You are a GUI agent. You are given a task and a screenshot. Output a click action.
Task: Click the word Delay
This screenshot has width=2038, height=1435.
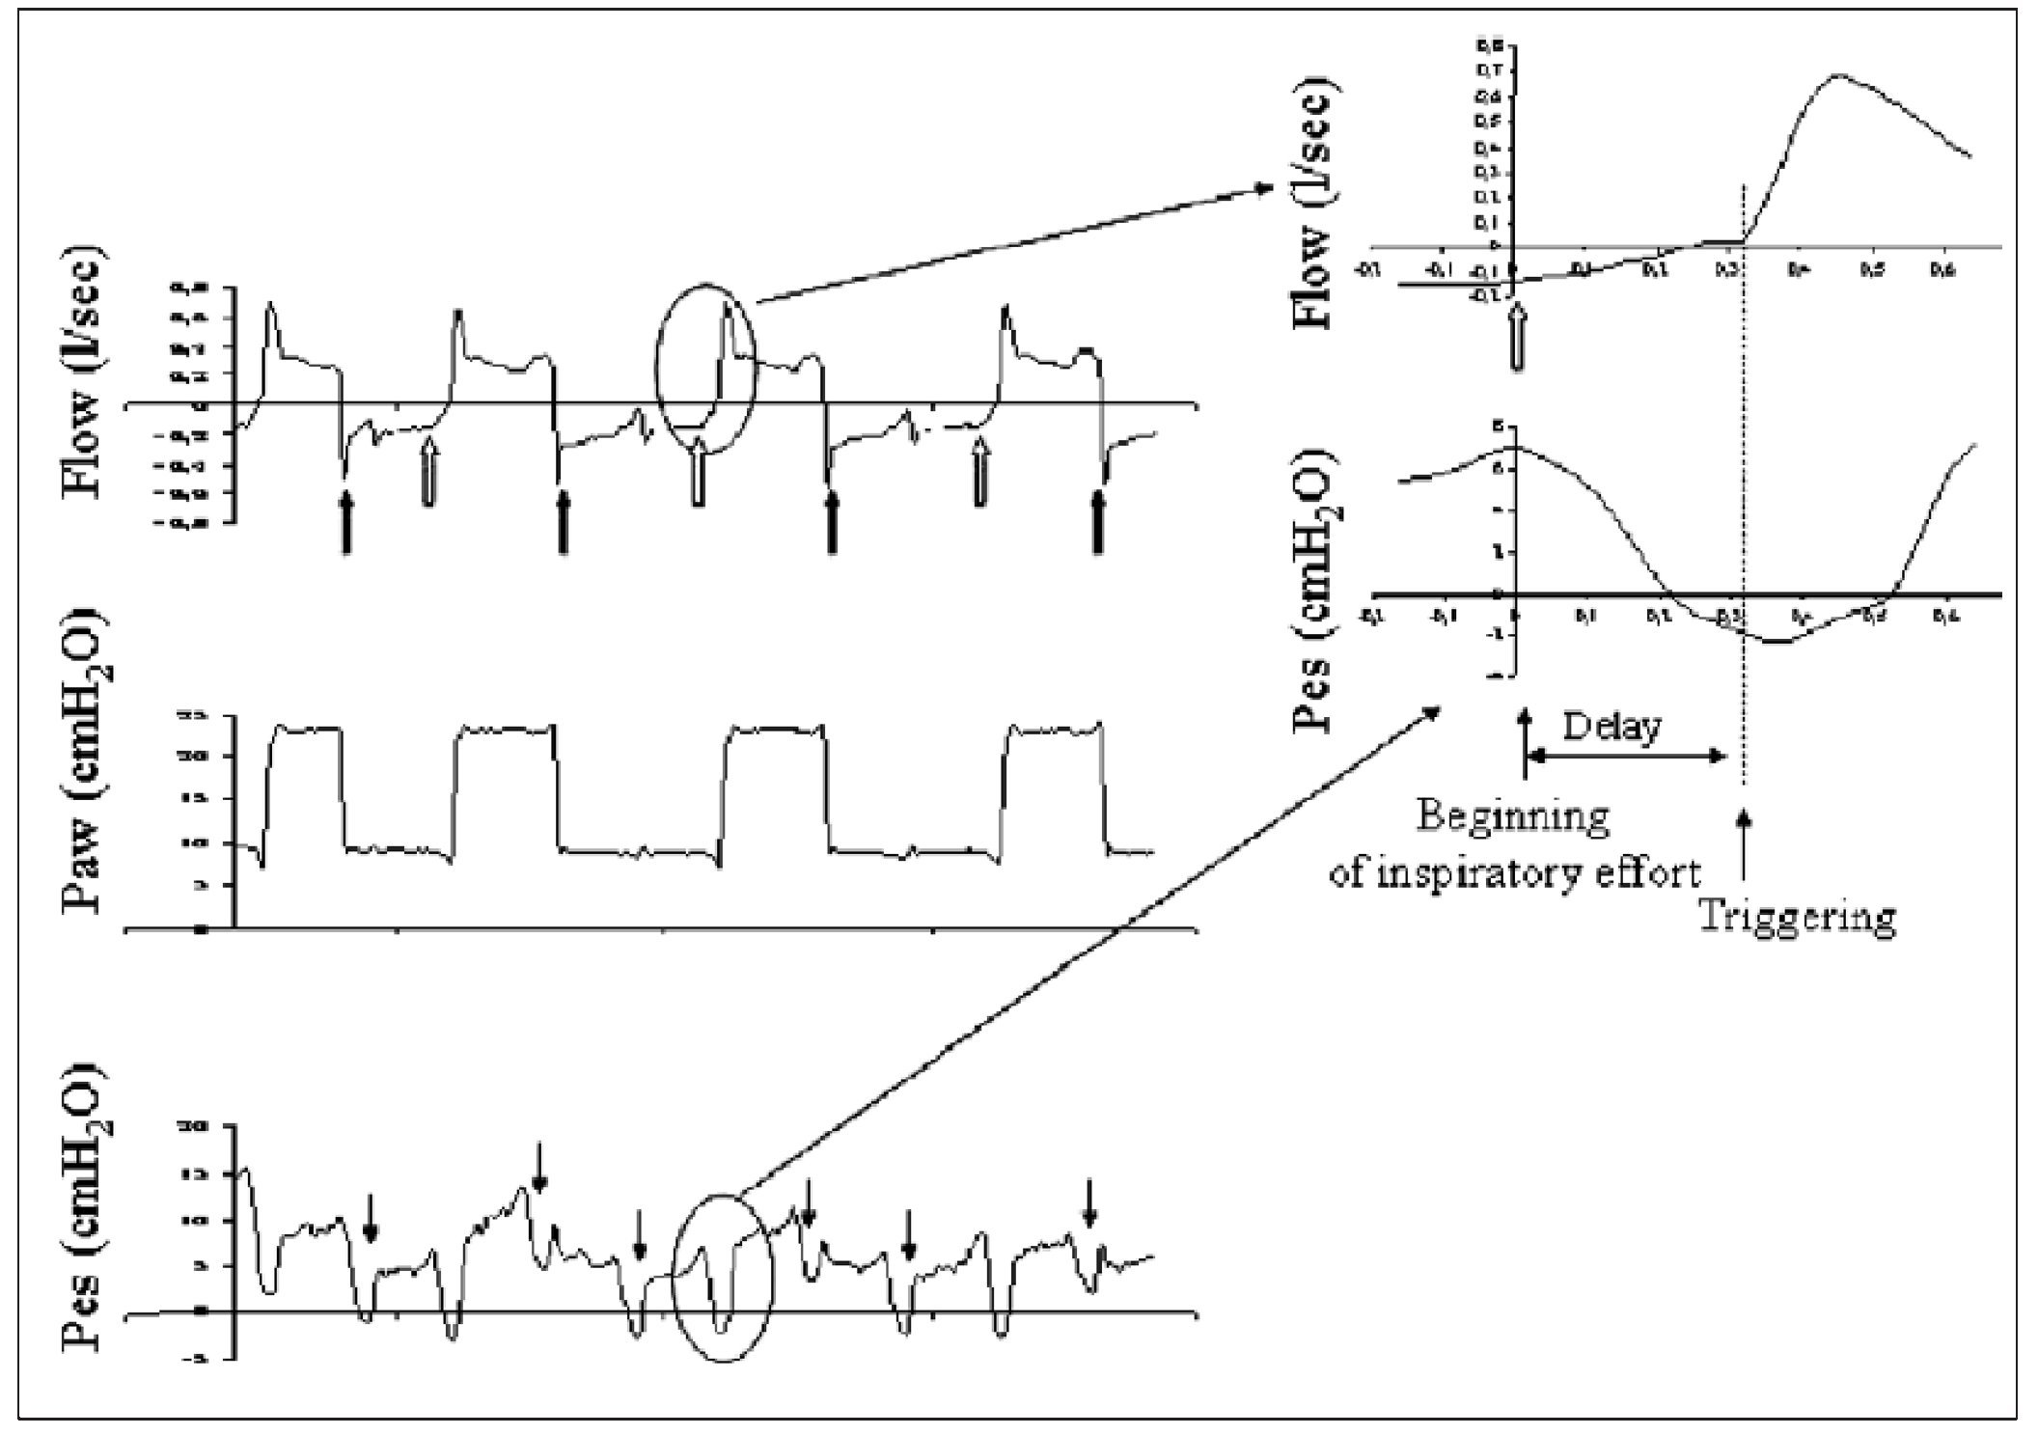[1611, 726]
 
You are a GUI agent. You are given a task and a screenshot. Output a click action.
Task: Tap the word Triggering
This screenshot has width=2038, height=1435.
[1797, 916]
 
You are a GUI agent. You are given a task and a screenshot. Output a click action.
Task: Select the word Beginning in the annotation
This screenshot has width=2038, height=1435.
[1513, 817]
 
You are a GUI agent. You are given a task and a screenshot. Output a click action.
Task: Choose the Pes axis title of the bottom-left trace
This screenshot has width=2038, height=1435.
[84, 1212]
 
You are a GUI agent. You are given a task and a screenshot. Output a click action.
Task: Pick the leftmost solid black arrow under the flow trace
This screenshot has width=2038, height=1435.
[346, 522]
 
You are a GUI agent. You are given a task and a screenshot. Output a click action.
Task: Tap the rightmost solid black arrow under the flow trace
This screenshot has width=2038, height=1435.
[1097, 521]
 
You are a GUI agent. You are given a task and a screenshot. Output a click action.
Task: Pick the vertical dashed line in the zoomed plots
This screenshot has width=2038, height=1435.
[1744, 483]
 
